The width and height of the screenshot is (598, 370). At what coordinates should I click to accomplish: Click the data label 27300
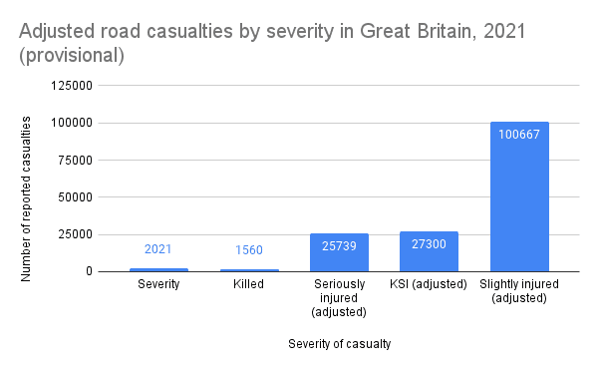pos(429,242)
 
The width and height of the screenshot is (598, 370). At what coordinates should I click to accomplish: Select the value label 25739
pos(339,243)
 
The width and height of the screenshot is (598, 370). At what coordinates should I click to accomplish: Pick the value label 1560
pos(249,249)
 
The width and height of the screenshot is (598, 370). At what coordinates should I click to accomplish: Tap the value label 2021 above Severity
pos(159,248)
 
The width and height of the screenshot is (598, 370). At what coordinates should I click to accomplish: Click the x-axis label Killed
pos(249,285)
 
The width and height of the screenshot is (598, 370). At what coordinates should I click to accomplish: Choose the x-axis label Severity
pos(159,285)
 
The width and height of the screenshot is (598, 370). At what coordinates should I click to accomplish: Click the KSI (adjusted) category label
pos(429,285)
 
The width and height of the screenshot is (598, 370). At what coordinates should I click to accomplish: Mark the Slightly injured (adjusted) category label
pos(519,292)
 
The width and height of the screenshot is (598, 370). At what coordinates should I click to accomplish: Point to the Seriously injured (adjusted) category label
pos(339,298)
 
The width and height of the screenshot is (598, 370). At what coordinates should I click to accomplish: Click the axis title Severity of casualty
pos(339,344)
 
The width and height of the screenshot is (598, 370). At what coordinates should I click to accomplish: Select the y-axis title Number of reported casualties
pos(27,197)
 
